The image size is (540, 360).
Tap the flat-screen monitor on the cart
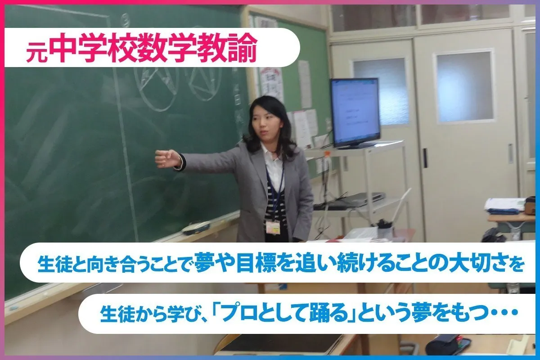(x=355, y=112)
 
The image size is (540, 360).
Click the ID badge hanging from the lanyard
(x=273, y=227)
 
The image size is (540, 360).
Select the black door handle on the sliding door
(x=425, y=158)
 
